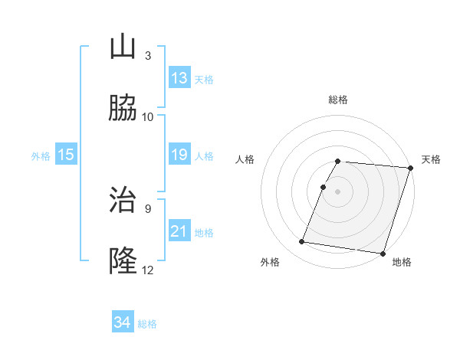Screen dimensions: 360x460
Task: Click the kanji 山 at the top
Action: coord(123,47)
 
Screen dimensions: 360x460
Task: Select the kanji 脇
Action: coord(123,109)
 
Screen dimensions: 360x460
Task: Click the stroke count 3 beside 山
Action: coord(148,56)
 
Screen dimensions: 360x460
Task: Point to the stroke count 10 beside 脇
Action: coord(148,117)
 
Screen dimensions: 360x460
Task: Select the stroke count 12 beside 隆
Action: coord(148,270)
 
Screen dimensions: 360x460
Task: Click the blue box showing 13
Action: coord(179,78)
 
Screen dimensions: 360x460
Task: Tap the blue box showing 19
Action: coord(179,155)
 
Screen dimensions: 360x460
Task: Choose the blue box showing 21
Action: coord(179,231)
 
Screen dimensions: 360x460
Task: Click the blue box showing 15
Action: coord(66,155)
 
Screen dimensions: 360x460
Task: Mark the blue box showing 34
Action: coord(122,322)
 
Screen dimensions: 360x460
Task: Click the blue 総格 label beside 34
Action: coord(147,324)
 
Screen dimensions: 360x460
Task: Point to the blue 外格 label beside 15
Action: coord(41,156)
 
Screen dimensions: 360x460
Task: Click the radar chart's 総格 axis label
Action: coord(338,100)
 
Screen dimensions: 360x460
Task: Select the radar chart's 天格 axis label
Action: coord(431,159)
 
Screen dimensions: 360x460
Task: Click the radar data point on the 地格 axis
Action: coord(383,254)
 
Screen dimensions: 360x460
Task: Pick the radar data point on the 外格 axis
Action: coord(302,242)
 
